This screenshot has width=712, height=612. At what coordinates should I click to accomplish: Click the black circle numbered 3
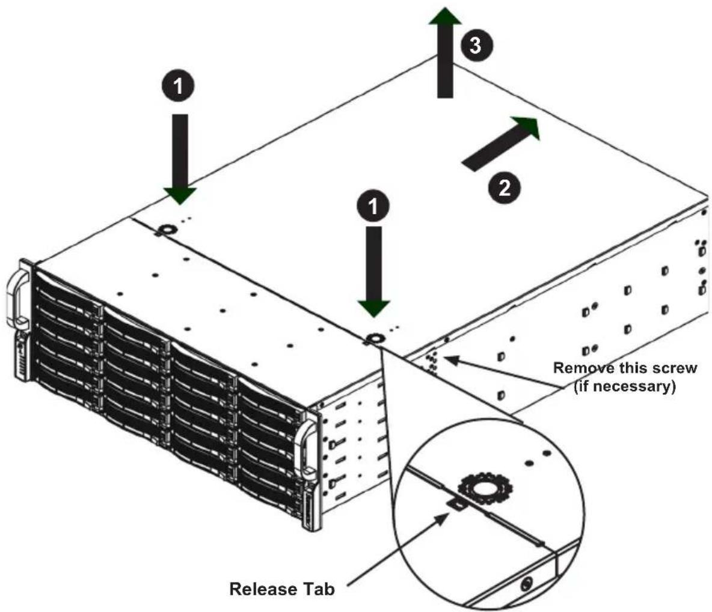tap(475, 46)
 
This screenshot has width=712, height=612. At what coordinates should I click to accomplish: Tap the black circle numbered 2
tap(504, 188)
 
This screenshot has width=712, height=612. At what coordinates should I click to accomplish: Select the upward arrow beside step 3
tap(446, 52)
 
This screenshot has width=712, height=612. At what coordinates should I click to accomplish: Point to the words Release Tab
tap(282, 589)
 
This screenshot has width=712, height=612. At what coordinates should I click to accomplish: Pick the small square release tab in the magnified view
tap(456, 504)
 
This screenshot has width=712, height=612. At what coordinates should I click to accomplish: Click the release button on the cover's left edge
tap(167, 229)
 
